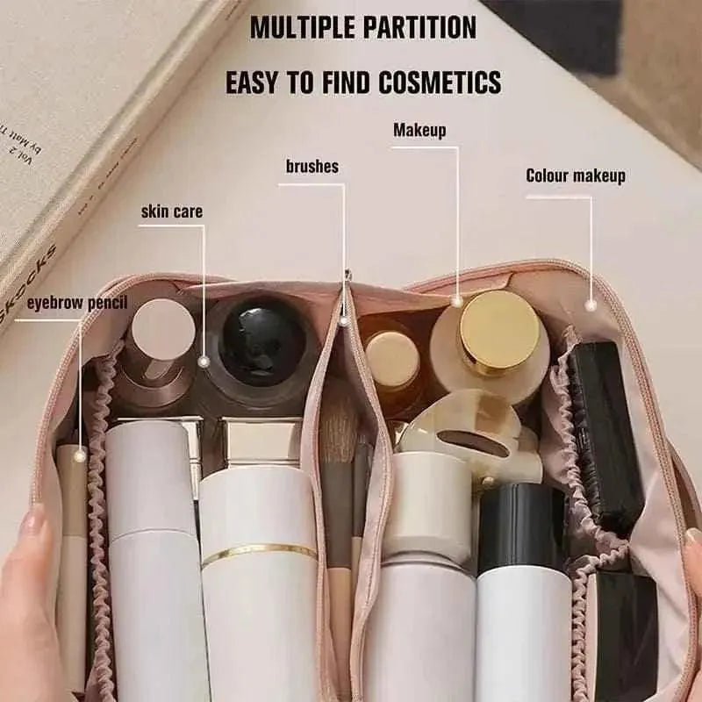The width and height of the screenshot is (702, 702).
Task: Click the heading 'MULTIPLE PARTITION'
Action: [362, 27]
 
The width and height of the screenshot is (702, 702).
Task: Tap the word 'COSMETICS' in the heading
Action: [441, 82]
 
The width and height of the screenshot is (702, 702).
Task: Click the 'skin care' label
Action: [172, 211]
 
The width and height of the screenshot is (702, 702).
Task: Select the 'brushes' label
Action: [312, 166]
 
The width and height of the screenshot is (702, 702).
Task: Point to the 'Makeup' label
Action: [419, 131]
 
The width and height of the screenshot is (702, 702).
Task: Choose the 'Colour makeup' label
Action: [576, 175]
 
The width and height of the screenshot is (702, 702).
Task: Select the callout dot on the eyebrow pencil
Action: [80, 455]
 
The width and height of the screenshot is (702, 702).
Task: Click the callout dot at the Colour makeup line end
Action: [591, 304]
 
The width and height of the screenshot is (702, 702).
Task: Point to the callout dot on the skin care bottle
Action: [204, 361]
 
